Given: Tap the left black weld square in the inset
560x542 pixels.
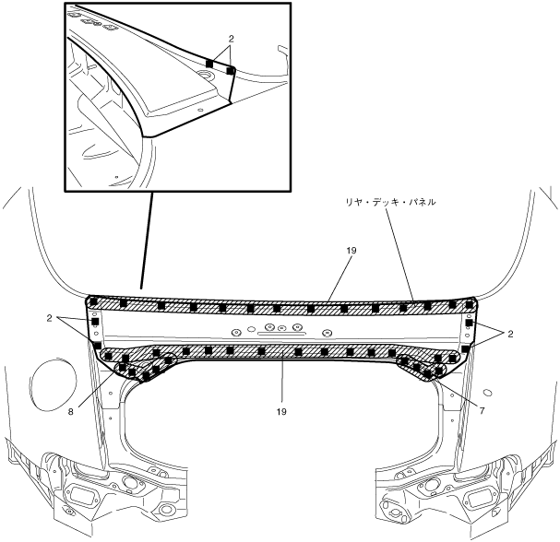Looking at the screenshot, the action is pos(210,63).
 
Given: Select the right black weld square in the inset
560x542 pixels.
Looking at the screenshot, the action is pos(231,69).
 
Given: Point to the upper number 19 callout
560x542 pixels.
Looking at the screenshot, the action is pos(351,250).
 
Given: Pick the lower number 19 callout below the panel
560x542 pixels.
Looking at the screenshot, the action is pos(280,412).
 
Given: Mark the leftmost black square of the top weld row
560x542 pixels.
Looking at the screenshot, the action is pos(92,300).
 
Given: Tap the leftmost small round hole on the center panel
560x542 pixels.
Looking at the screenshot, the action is pos(236,332).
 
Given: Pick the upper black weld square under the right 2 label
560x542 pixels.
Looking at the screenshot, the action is pos(470,325).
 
